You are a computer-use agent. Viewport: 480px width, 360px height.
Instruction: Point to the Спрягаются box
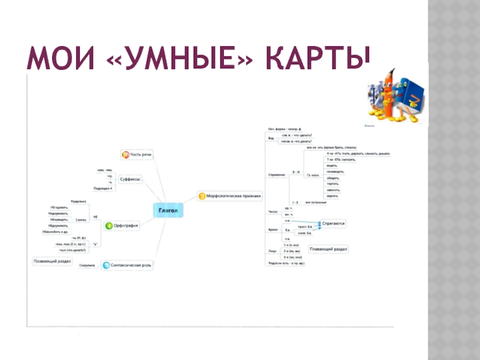(333, 223)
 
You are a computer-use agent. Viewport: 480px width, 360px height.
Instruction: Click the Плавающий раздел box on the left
(52, 262)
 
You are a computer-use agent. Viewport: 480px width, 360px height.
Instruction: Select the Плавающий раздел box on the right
(328, 248)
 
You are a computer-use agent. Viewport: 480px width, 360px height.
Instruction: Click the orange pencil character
(390, 96)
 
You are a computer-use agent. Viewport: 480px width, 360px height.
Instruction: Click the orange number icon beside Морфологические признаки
(202, 195)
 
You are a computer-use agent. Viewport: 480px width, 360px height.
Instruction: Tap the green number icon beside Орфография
(109, 226)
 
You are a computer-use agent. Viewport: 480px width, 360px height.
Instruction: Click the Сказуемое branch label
(88, 265)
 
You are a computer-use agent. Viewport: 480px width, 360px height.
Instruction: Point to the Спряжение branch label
(277, 175)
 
